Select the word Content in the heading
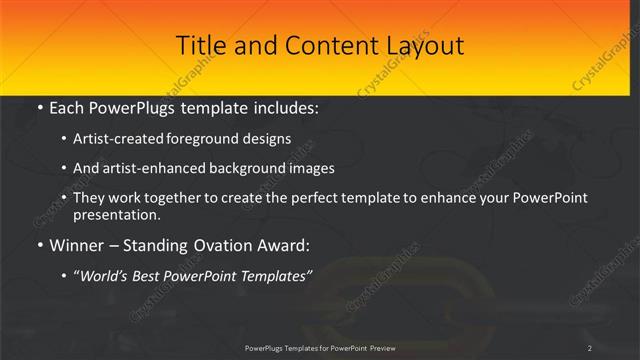tap(324, 46)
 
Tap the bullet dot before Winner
tap(39, 244)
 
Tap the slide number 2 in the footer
tap(590, 348)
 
